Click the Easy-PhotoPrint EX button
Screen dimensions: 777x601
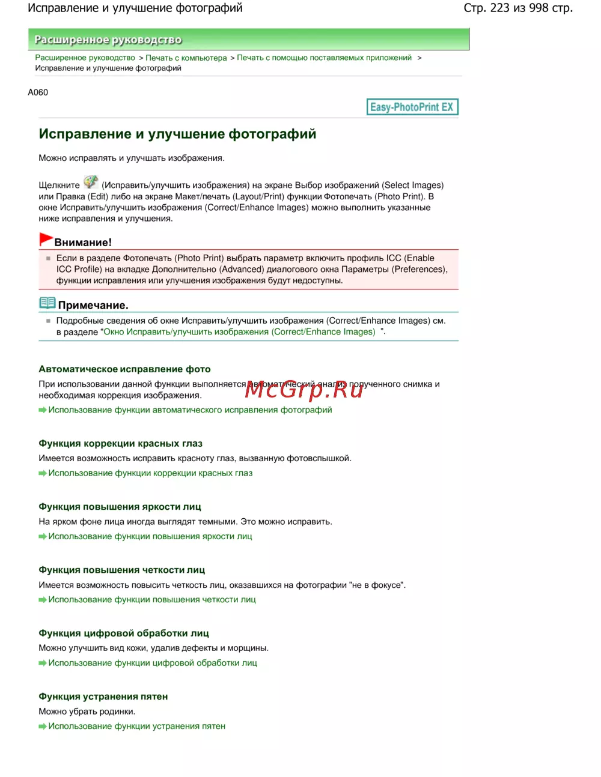pos(412,107)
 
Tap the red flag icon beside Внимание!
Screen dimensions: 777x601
pos(46,239)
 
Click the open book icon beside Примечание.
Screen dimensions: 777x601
pos(47,303)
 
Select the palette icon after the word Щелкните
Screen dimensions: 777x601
pos(91,182)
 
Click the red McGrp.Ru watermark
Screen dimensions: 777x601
pos(304,390)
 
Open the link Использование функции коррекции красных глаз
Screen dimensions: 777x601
pos(150,473)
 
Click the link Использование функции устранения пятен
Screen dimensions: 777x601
pos(136,726)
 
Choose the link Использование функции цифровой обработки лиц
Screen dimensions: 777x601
pos(153,663)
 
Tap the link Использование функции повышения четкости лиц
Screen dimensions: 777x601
pos(152,599)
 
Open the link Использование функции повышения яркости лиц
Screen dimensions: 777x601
pos(150,536)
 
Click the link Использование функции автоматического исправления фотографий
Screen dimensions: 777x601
pos(190,410)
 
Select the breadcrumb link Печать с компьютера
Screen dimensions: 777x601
pos(186,58)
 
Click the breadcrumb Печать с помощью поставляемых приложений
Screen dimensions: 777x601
pos(324,58)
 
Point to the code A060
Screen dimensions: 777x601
pos(38,92)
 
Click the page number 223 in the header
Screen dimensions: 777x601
pos(499,8)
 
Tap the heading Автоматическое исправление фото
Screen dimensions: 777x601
pos(124,369)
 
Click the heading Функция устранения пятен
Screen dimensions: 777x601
pos(103,697)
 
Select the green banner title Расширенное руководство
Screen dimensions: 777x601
pos(108,40)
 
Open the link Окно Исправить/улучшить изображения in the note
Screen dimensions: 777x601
pos(239,332)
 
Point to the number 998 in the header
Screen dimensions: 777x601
pos(538,8)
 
